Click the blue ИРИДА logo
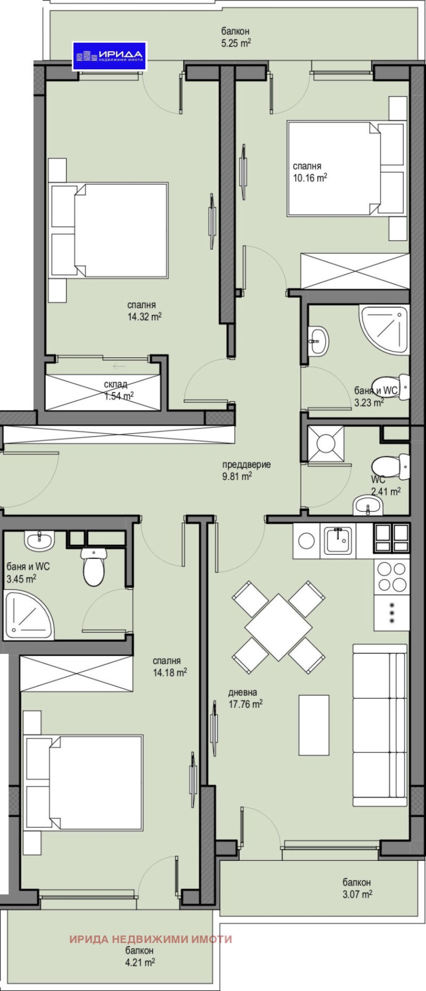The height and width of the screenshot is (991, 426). click(x=109, y=56)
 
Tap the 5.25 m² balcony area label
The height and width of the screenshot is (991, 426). click(x=236, y=37)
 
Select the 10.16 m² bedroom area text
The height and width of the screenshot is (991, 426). click(x=310, y=172)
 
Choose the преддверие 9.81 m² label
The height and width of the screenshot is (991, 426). click(x=246, y=470)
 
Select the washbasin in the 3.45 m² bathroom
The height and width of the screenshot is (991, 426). click(x=39, y=539)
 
